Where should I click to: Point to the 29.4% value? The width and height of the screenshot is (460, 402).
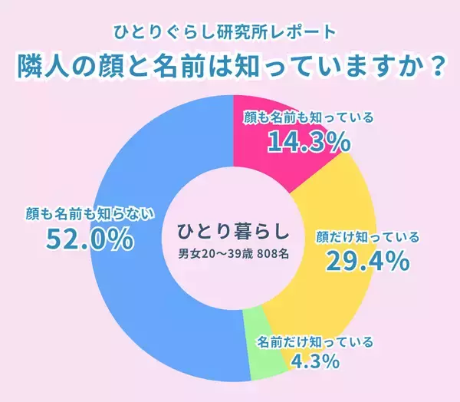(366, 262)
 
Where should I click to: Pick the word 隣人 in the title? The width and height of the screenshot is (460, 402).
(45, 68)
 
